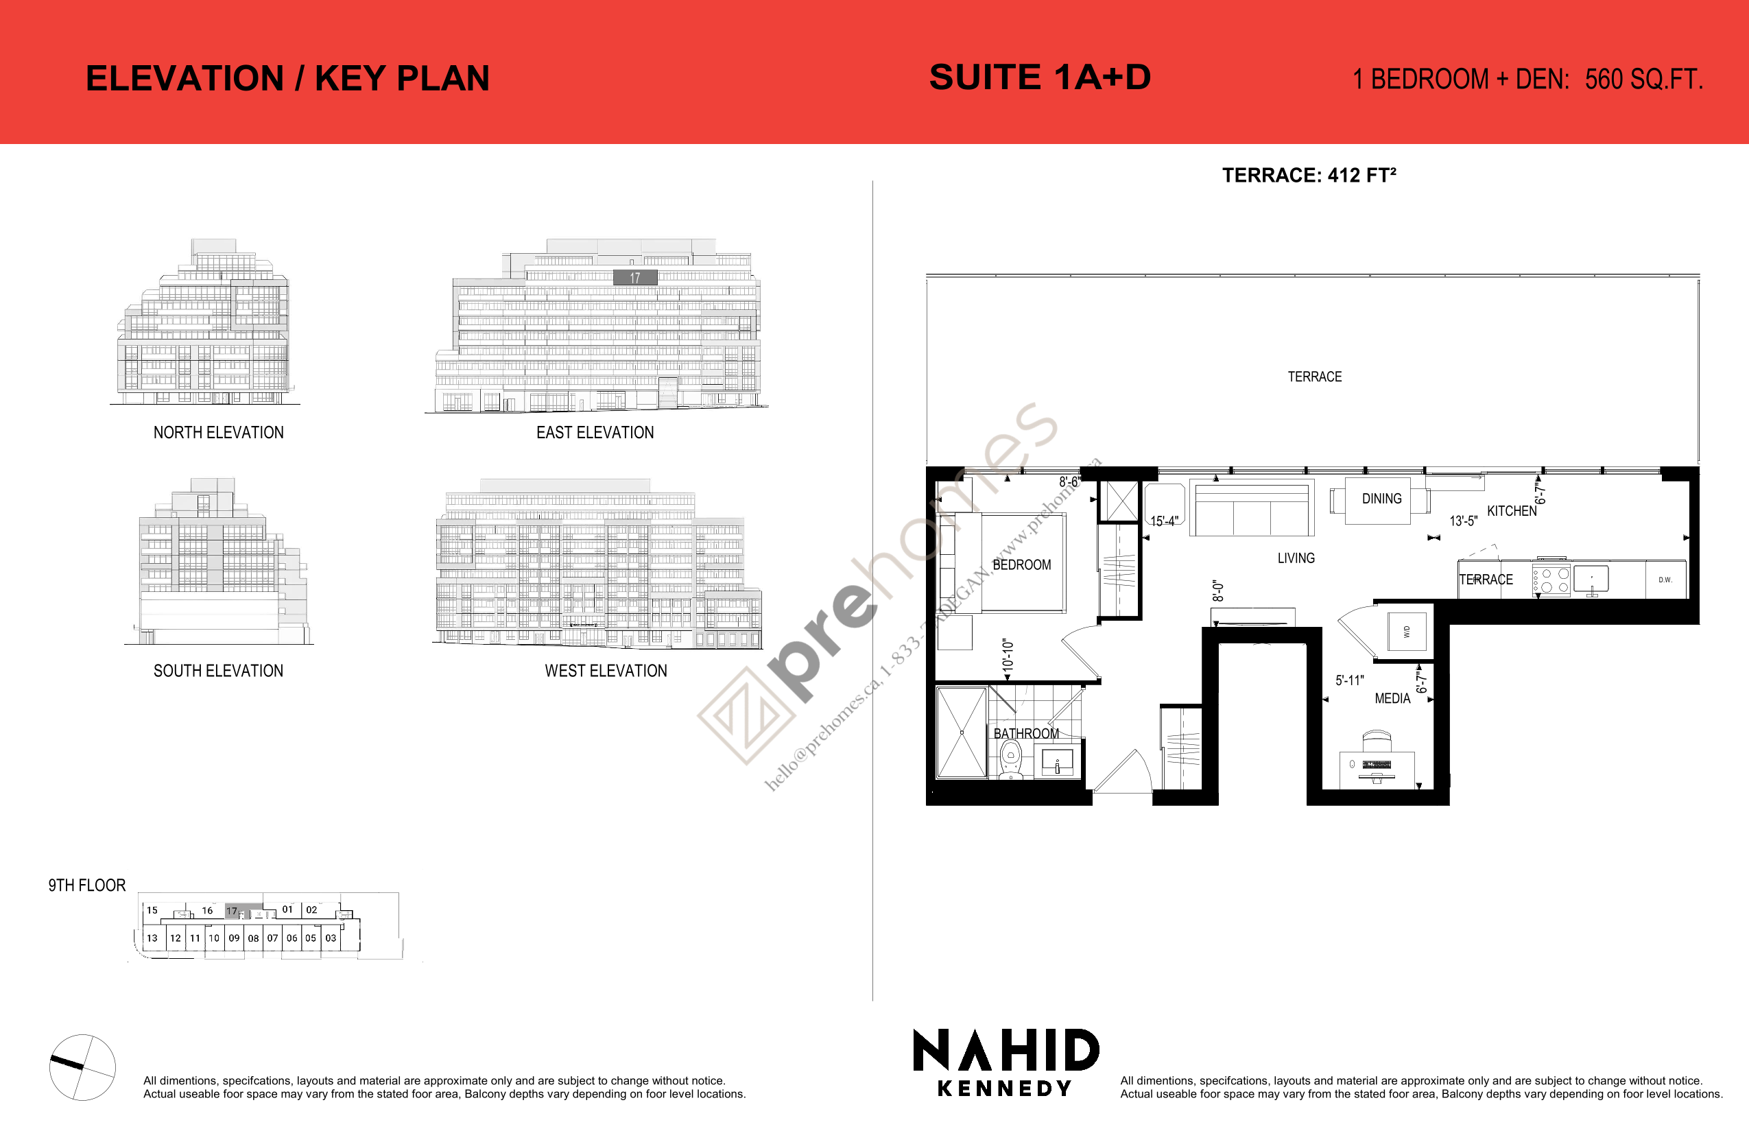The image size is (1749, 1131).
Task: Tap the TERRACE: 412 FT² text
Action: [1309, 176]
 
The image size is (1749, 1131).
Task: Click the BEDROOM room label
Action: [1021, 564]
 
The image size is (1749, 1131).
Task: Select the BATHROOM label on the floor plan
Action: [1026, 734]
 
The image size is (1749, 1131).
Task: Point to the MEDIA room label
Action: [1392, 698]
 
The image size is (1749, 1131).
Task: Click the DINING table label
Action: [1381, 499]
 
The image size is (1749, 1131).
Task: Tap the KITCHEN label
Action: [1511, 511]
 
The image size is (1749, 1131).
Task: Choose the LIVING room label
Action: [1296, 558]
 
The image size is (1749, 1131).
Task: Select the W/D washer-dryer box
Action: [1407, 631]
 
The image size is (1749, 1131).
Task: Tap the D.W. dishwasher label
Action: [1665, 580]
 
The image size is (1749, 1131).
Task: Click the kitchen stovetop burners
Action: [1551, 580]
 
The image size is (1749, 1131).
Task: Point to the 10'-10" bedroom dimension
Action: [1008, 655]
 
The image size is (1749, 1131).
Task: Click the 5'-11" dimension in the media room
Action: [1350, 681]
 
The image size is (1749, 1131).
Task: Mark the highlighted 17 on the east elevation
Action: [635, 278]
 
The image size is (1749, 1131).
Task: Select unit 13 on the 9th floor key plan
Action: [152, 938]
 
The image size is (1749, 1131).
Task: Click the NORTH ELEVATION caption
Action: [218, 433]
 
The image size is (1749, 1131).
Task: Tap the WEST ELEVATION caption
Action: [606, 671]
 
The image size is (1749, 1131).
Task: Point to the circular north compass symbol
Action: [82, 1067]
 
